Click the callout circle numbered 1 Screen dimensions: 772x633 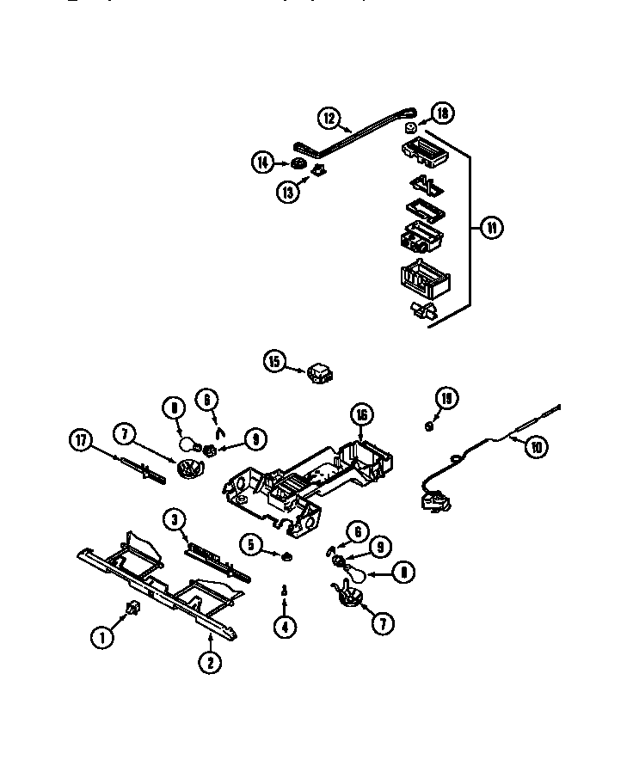click(102, 637)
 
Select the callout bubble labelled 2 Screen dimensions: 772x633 click(209, 662)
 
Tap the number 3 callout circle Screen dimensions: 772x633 click(175, 518)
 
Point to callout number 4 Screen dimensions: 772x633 click(285, 627)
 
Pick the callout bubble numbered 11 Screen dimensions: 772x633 click(491, 228)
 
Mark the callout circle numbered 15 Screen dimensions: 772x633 click(274, 362)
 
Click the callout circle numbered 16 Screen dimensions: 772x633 click(360, 415)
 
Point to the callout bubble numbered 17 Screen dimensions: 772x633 click(80, 441)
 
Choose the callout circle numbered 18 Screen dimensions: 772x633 click(442, 113)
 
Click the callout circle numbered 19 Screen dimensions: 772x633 click(446, 397)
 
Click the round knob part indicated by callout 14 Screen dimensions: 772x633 click(299, 163)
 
